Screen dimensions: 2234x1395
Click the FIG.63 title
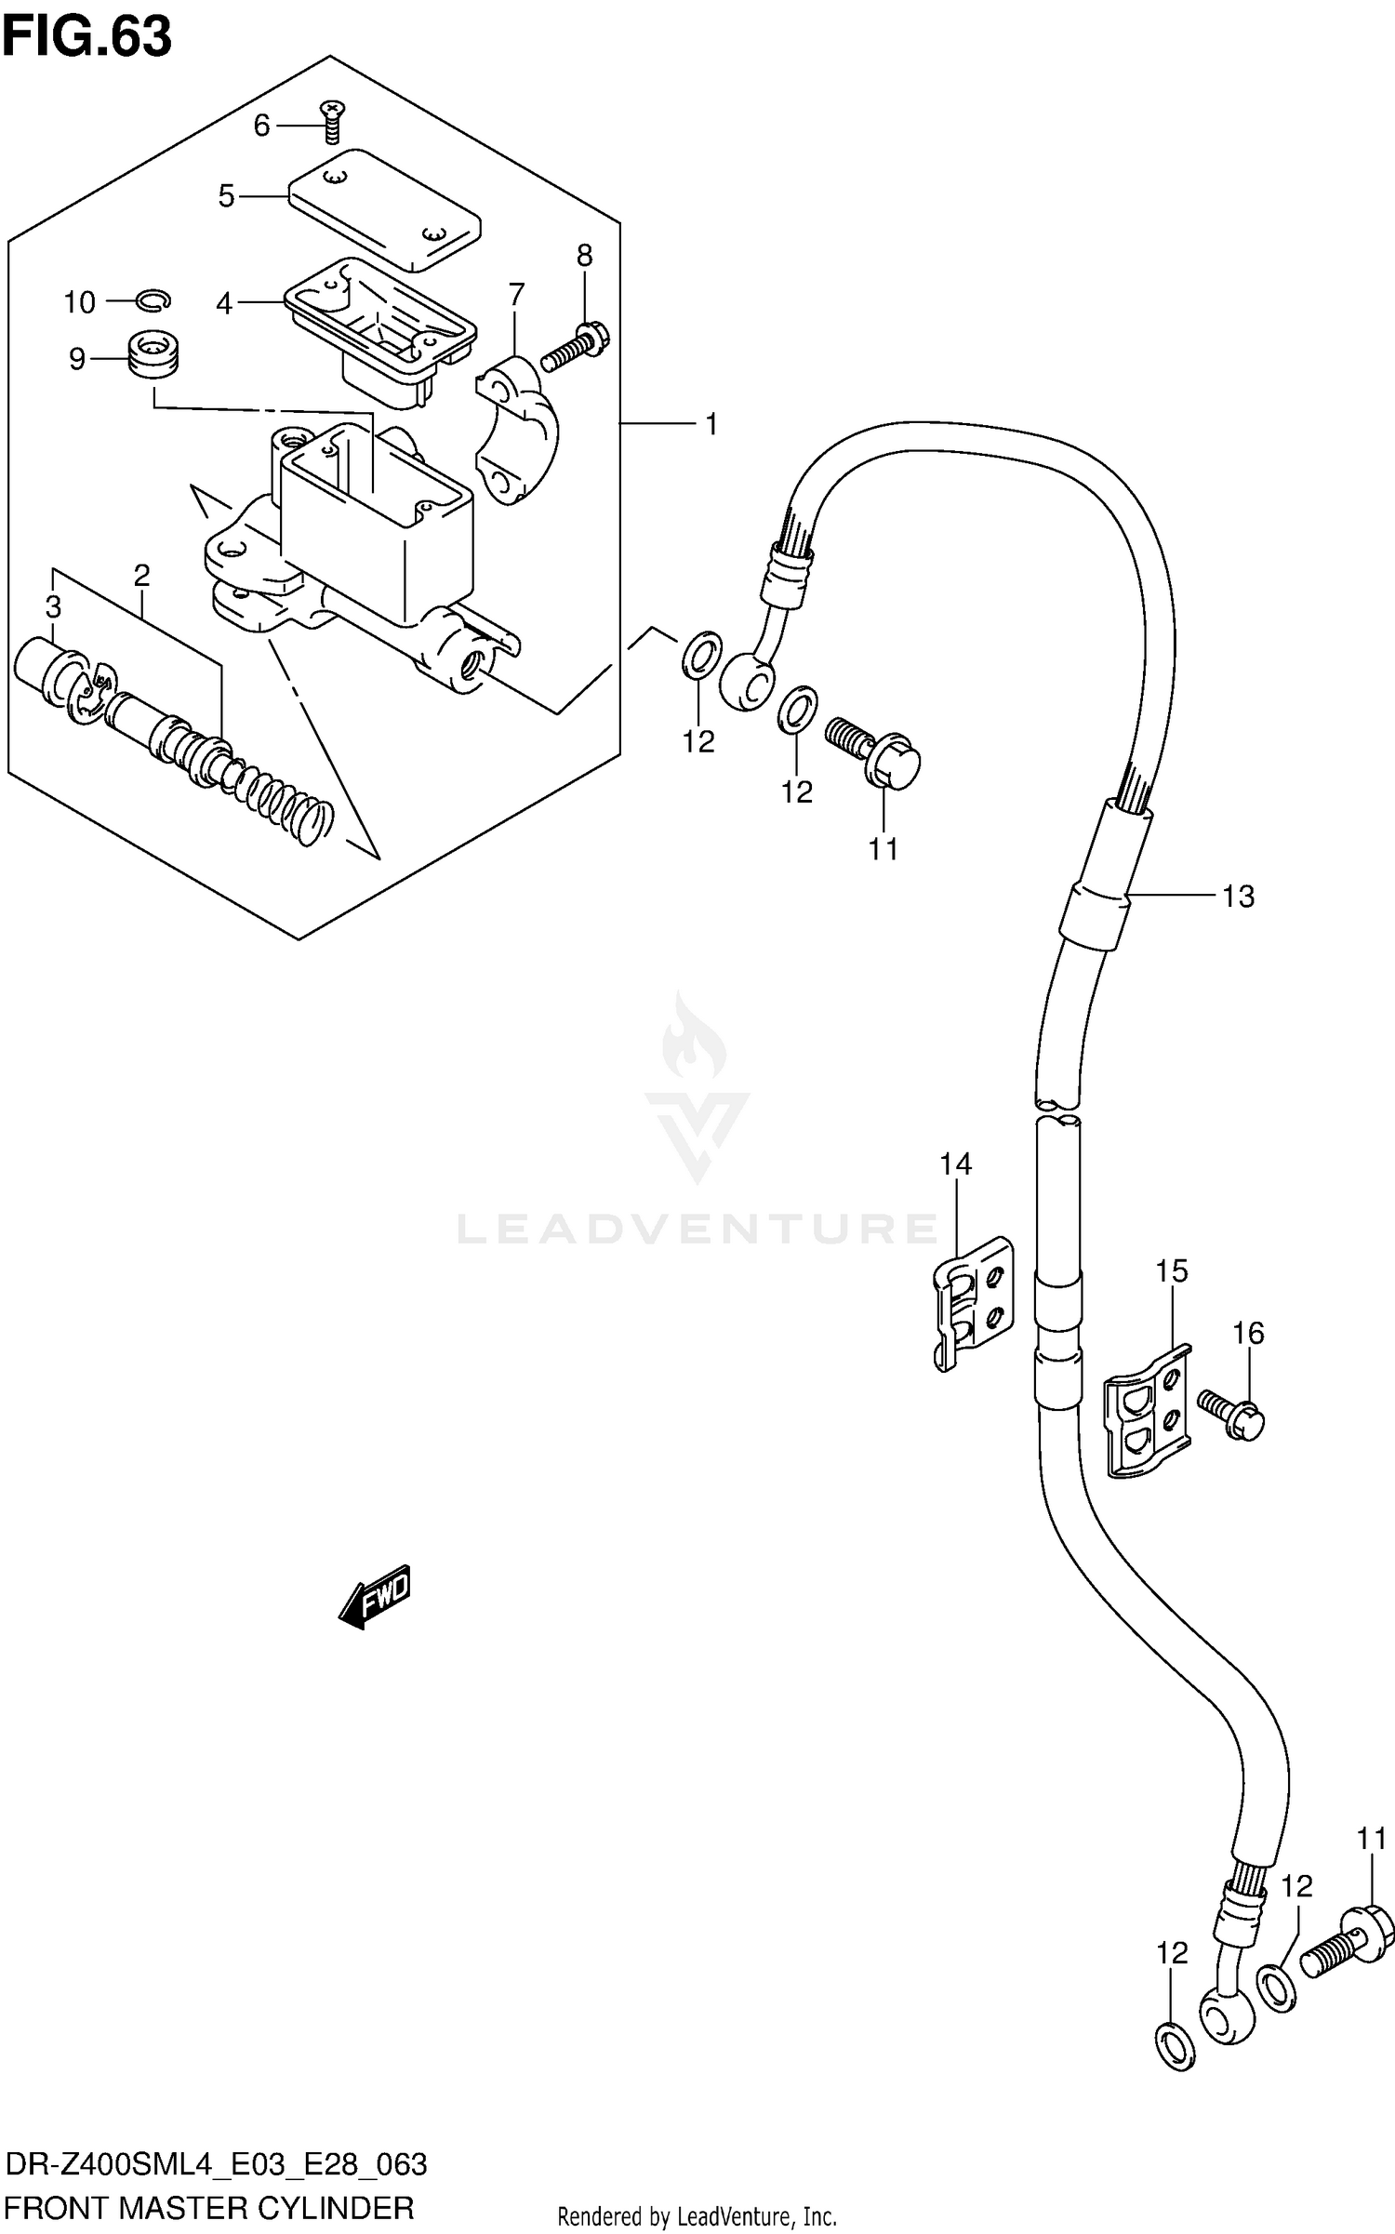tap(86, 38)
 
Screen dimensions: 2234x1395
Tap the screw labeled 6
tap(331, 121)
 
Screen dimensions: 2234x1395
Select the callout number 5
tap(226, 196)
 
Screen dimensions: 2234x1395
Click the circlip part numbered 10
tap(154, 299)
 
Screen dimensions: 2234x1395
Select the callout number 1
tap(711, 425)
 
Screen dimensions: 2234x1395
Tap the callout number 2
tap(141, 576)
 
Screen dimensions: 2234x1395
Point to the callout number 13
tap(1238, 897)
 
